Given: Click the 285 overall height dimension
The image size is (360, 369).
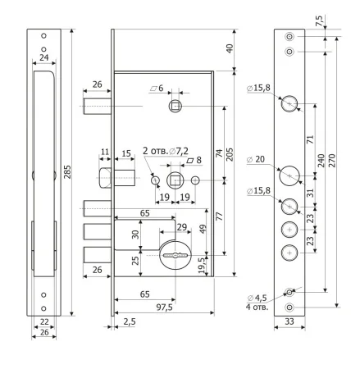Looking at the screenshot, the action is tap(67, 172).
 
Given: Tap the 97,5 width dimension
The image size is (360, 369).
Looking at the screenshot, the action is tap(164, 307).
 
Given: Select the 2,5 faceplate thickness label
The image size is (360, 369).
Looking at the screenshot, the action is tap(129, 321).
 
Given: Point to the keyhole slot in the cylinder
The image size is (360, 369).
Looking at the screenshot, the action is tap(175, 256).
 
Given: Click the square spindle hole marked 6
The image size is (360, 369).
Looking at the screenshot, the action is tap(175, 106).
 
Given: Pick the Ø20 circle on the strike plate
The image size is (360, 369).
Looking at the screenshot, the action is tap(289, 175).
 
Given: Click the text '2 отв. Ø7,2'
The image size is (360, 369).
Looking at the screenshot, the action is tap(166, 151).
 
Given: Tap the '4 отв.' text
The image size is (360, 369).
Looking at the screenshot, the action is tap(257, 307).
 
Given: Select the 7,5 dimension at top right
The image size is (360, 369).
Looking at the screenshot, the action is tap(319, 20).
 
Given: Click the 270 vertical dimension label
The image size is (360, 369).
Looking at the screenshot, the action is tap(331, 161).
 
